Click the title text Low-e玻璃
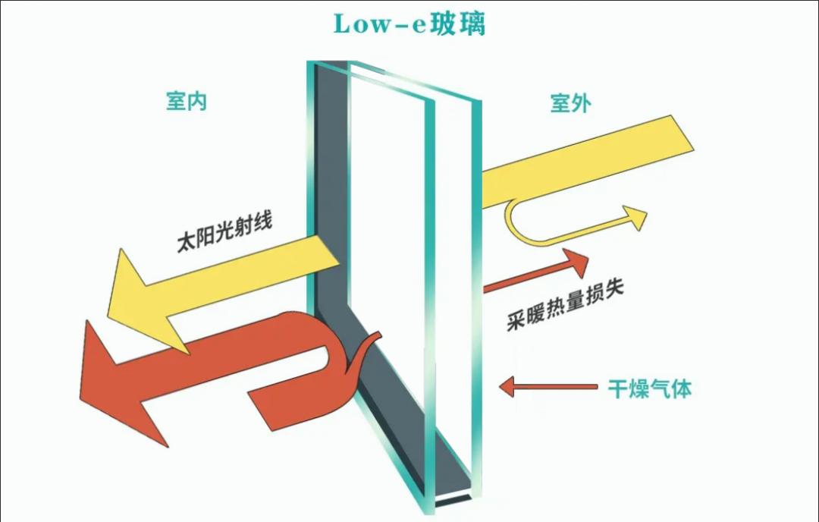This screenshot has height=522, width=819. pyautogui.click(x=409, y=24)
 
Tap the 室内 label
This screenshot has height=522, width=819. pyautogui.click(x=187, y=102)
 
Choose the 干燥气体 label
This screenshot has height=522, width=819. pyautogui.click(x=650, y=389)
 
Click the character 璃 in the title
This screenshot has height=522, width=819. pyautogui.click(x=469, y=24)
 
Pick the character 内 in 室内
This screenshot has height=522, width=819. pyautogui.click(x=198, y=102)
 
